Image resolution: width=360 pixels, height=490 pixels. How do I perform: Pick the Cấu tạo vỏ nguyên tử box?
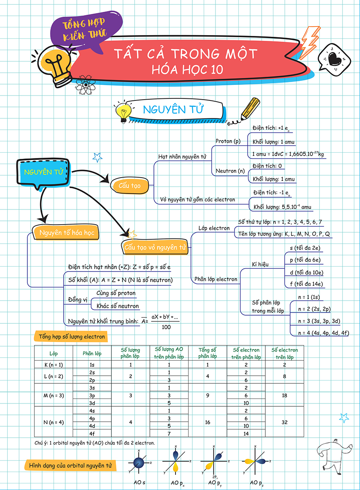155,247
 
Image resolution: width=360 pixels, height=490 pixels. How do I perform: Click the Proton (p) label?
228,141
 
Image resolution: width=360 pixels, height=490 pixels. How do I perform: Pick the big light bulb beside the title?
57,65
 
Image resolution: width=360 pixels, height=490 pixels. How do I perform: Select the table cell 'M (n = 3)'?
53,395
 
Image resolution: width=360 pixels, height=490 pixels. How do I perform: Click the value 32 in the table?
284,422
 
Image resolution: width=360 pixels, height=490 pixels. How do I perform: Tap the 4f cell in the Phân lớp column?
92,433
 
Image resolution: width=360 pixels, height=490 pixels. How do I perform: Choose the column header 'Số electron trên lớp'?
284,353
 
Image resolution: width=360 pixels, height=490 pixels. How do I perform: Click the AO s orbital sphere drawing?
140,463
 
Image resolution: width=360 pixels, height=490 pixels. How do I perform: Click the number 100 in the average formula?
166,327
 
